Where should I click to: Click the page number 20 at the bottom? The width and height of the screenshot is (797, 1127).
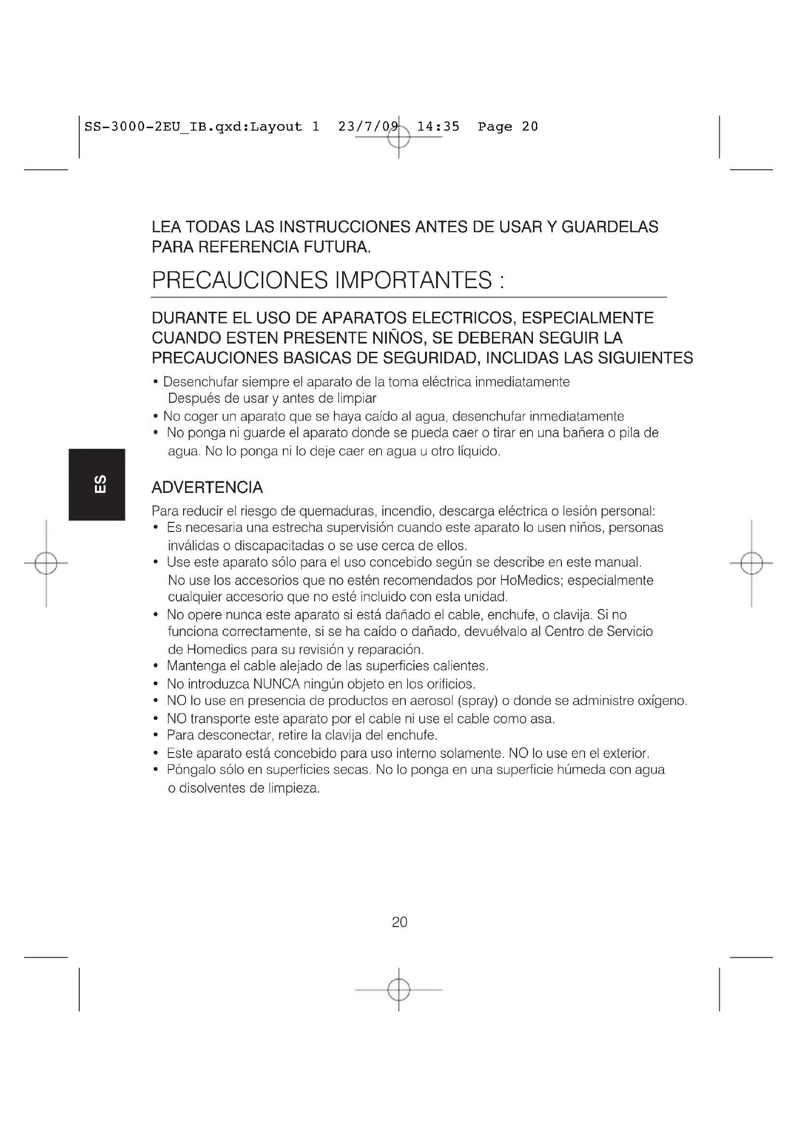[x=399, y=922]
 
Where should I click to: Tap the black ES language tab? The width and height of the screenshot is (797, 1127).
[x=97, y=484]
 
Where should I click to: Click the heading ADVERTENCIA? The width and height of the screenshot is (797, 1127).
[x=207, y=488]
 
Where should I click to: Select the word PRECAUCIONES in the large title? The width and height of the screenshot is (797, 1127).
[x=239, y=280]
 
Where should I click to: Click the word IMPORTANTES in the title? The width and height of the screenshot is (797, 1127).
[x=413, y=280]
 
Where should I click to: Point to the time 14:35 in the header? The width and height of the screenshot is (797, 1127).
[x=438, y=127]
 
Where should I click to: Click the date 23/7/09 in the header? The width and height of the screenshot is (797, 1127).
[x=368, y=127]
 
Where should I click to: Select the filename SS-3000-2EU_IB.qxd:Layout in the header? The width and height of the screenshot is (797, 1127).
[x=193, y=127]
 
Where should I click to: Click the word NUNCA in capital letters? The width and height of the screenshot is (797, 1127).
[x=276, y=684]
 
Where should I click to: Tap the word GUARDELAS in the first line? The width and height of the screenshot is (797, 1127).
[x=610, y=227]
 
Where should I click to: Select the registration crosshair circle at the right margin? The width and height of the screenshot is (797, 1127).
[x=751, y=563]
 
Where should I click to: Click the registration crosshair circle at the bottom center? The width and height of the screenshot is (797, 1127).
[x=398, y=990]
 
